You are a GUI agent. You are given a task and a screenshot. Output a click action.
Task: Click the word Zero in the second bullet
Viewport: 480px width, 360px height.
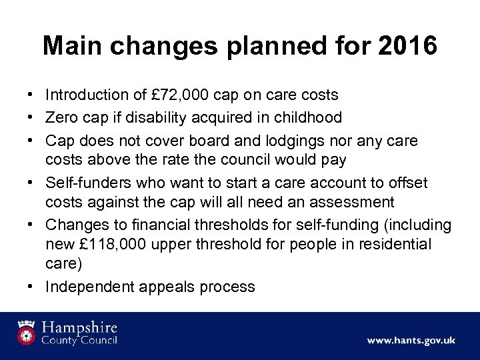click(61, 117)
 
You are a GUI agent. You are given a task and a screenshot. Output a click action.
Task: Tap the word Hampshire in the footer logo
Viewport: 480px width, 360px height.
click(81, 327)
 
